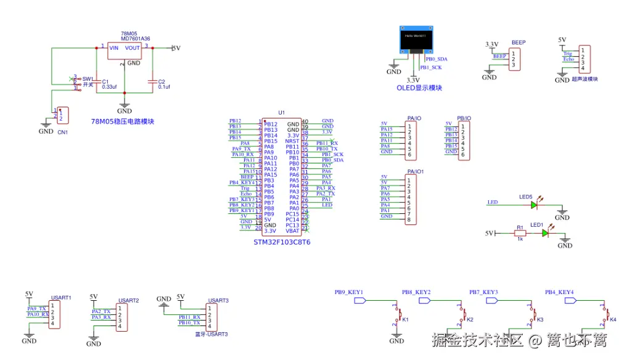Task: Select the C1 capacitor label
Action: coord(105,81)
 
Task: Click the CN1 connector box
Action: coord(62,115)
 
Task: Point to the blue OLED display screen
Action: coord(416,39)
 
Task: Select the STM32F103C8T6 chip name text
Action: coord(282,242)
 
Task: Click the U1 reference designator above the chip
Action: coord(282,113)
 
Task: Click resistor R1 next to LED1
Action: coord(520,233)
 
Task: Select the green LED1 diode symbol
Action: coord(545,233)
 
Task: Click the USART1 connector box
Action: coord(55,315)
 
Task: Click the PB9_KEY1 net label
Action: coord(348,292)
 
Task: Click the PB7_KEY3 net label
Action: coord(483,292)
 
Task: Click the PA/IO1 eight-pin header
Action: coord(410,200)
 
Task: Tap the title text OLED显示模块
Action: coord(419,88)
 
